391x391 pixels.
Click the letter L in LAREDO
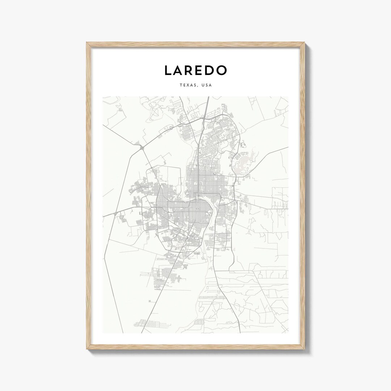pos(168,71)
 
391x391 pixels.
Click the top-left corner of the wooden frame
pos(87,43)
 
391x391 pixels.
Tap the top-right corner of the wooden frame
pos(304,43)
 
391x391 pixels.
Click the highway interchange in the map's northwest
pos(140,147)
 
